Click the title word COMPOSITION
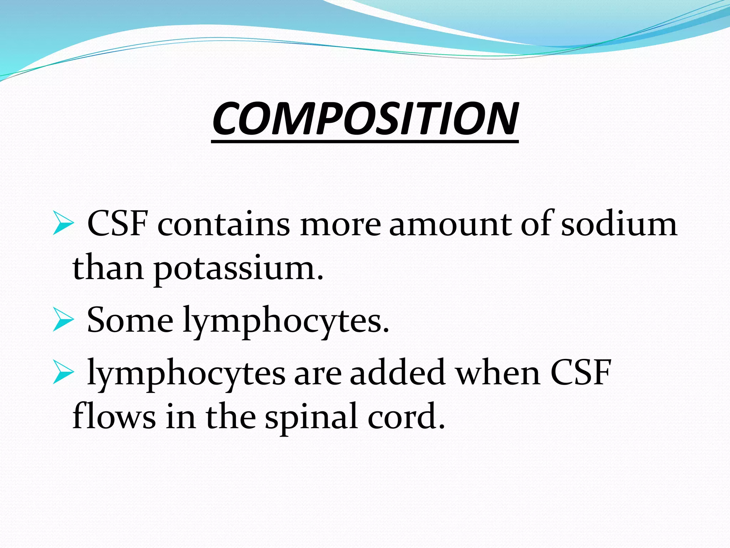tap(365, 118)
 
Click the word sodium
tap(619, 224)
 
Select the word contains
tap(224, 224)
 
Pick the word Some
tap(130, 320)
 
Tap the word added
tap(398, 373)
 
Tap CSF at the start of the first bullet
tap(118, 224)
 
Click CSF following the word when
tap(581, 373)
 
